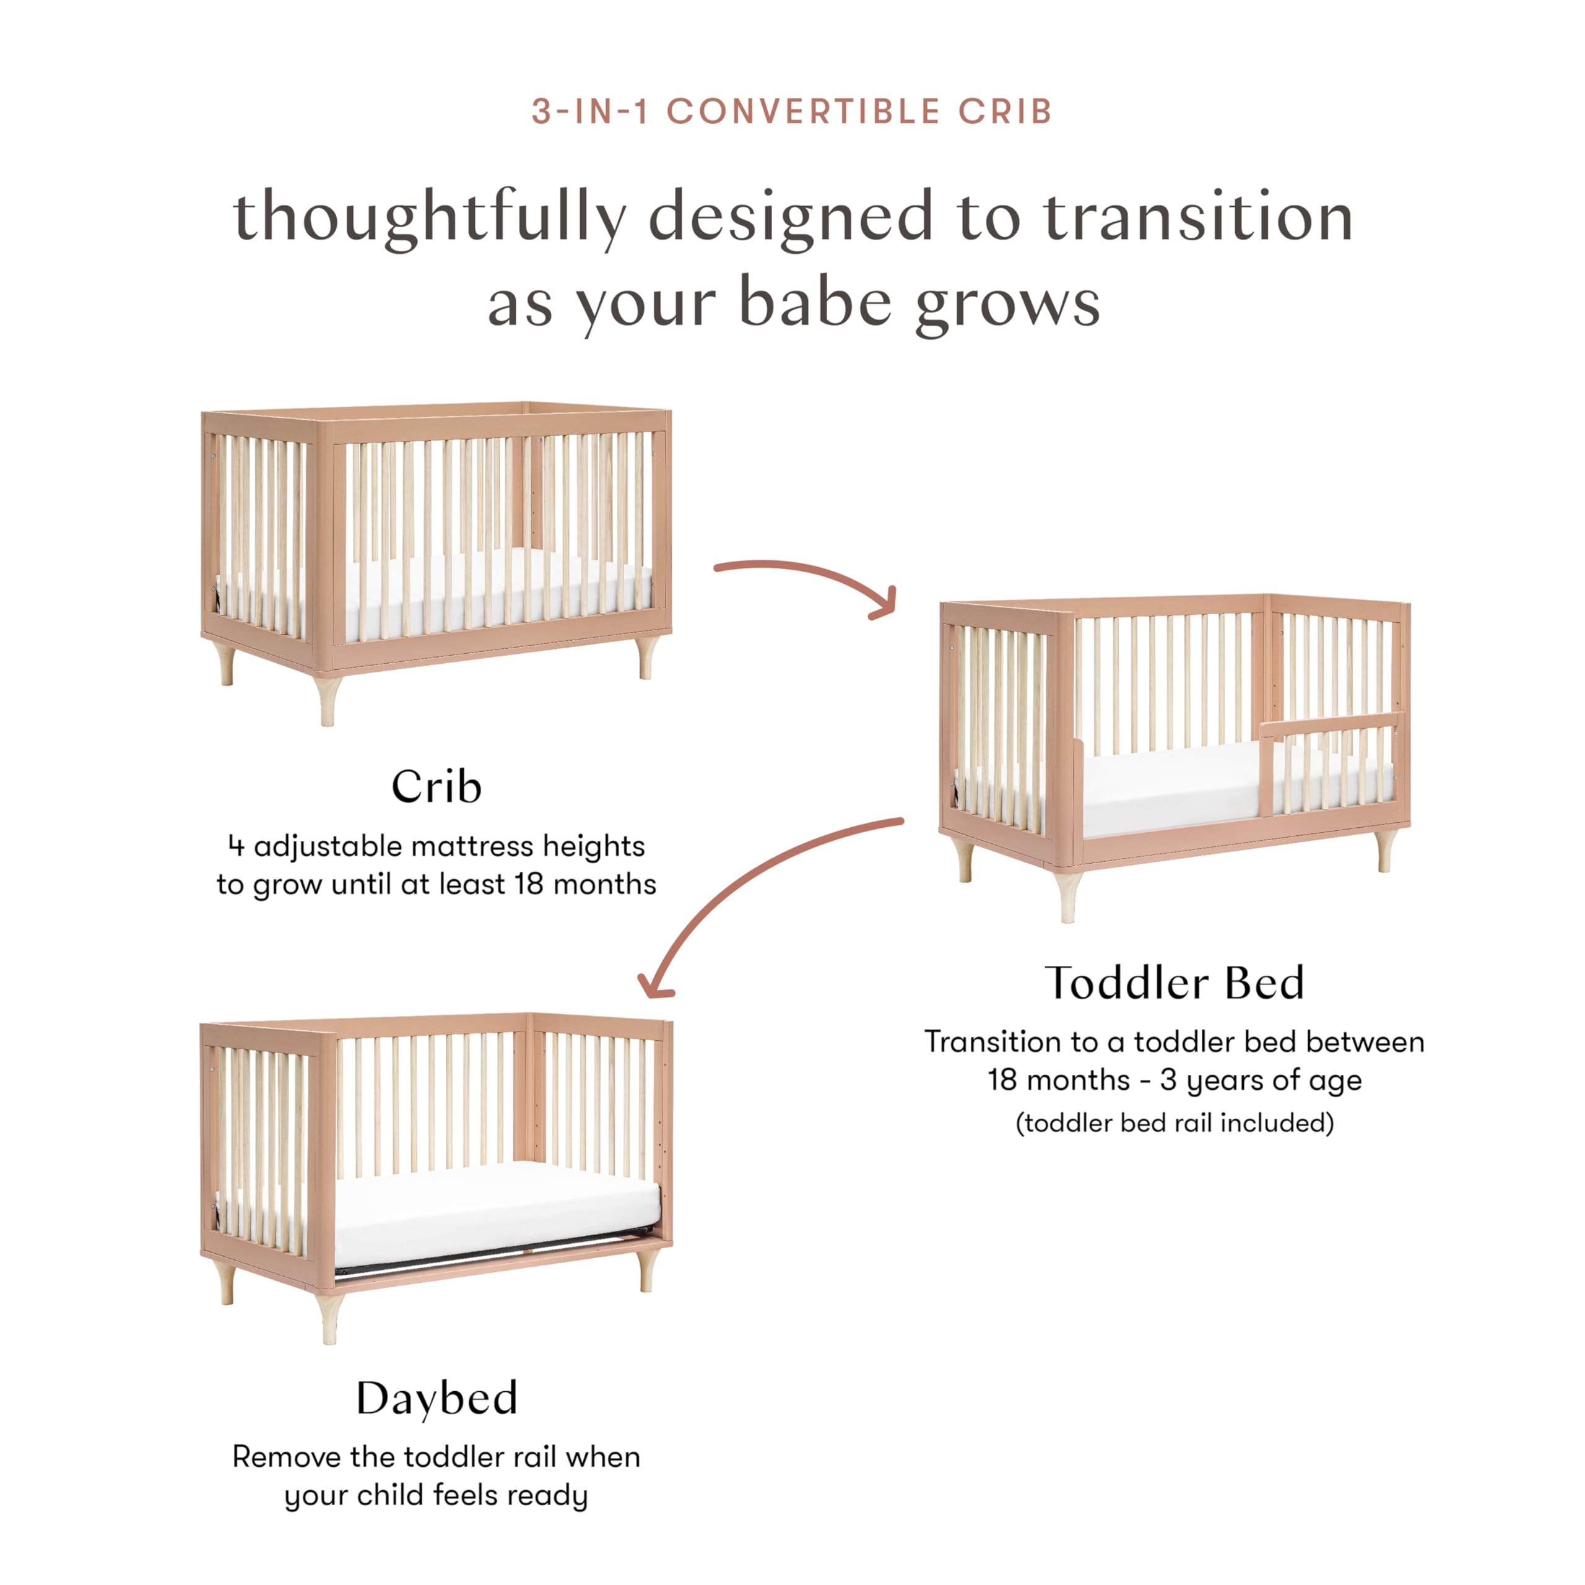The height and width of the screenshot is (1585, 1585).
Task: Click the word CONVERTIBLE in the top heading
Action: (x=802, y=111)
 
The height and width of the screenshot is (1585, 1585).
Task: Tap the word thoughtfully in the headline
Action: (x=429, y=217)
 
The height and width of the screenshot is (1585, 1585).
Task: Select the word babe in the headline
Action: (x=815, y=303)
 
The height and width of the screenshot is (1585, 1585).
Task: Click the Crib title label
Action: (x=436, y=787)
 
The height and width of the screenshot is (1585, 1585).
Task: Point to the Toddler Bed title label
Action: (x=1174, y=983)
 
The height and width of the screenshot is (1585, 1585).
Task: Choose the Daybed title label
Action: (x=436, y=1398)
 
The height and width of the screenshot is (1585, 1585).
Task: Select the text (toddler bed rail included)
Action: (x=1174, y=1123)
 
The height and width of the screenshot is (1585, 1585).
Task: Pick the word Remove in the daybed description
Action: (x=285, y=1457)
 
